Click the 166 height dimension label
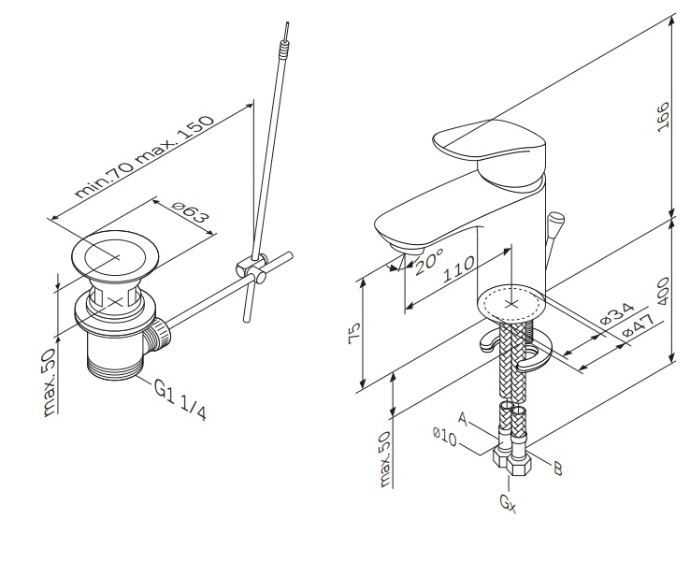pyautogui.click(x=663, y=117)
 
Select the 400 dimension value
pyautogui.click(x=663, y=291)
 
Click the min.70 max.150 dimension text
pyautogui.click(x=145, y=156)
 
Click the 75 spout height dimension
pyautogui.click(x=355, y=333)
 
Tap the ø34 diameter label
pyautogui.click(x=617, y=313)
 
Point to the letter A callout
pyautogui.click(x=463, y=418)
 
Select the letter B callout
pyautogui.click(x=557, y=469)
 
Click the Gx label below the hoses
pyautogui.click(x=508, y=503)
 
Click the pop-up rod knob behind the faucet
pyautogui.click(x=556, y=218)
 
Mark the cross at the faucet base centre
pyautogui.click(x=511, y=304)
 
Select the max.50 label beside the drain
pyautogui.click(x=50, y=382)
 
